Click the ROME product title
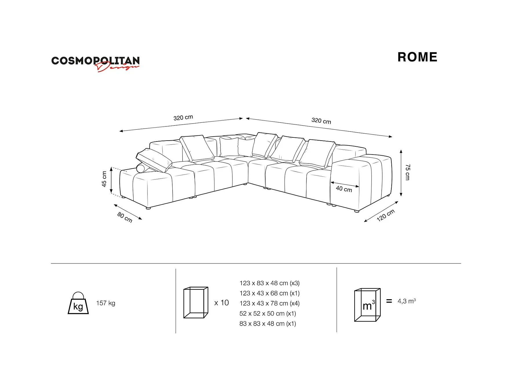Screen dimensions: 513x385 (417, 57)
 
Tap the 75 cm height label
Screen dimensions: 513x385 (408, 172)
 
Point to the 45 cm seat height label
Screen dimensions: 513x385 (104, 179)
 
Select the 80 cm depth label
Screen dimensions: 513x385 (125, 217)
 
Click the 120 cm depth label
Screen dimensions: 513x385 (386, 215)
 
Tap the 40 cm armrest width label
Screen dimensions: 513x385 (344, 189)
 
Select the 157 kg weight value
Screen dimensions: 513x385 (106, 303)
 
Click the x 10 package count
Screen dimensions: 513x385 (221, 303)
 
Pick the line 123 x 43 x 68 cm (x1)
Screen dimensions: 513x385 (269, 293)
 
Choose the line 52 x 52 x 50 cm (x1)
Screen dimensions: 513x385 (268, 314)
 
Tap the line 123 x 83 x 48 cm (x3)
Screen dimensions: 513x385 (269, 283)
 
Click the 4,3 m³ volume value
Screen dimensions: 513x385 (406, 301)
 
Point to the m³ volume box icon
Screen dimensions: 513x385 (367, 305)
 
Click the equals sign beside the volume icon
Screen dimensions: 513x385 (389, 301)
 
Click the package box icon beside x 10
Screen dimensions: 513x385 (196, 303)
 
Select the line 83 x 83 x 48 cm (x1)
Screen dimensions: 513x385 (268, 324)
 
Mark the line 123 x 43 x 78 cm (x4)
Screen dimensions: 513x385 (269, 304)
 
